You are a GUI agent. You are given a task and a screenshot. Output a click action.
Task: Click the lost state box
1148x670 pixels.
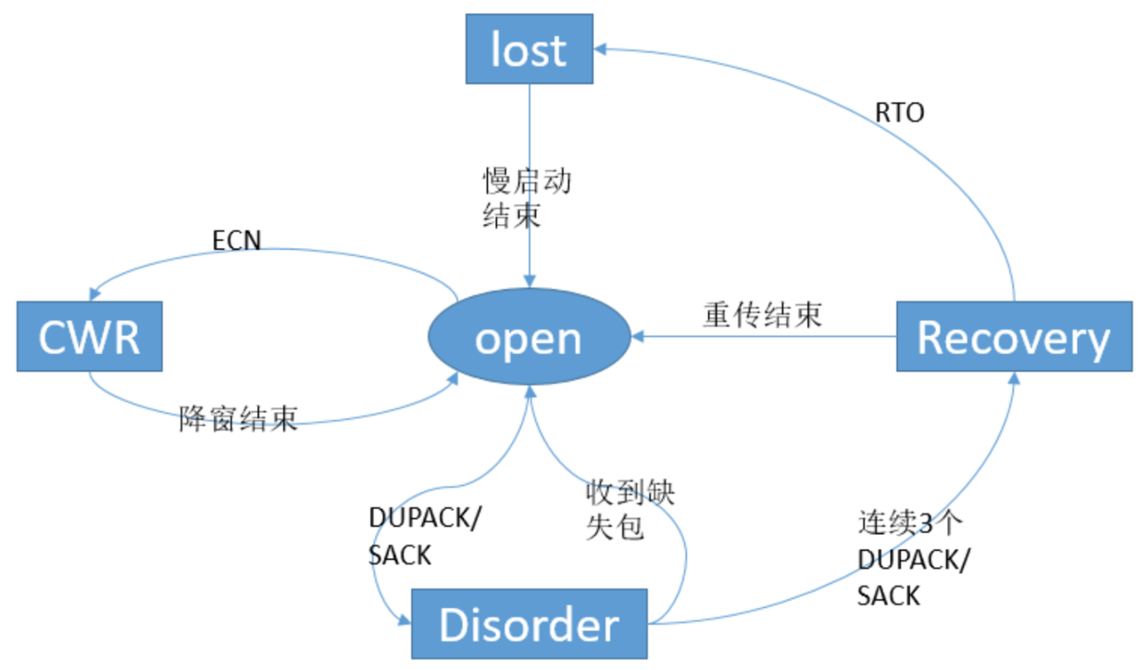click(528, 49)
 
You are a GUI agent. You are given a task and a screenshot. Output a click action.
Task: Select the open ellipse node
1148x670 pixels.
click(529, 338)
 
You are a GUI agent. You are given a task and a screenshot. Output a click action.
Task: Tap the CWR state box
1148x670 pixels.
click(89, 337)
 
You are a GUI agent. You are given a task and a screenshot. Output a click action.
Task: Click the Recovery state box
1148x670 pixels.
click(1013, 338)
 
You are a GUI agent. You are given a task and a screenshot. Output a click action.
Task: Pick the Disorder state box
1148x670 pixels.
click(529, 625)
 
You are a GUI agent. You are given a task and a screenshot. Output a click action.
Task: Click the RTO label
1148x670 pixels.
click(900, 114)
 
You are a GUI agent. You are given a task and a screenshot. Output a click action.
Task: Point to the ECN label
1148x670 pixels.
click(237, 241)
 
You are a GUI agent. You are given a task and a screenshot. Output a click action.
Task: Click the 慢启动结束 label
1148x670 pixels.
click(526, 198)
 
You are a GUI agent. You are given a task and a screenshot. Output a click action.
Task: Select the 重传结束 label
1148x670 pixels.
click(761, 315)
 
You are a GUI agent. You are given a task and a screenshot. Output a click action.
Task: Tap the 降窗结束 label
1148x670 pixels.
click(238, 419)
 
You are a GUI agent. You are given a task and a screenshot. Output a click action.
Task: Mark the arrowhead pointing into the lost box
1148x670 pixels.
click(601, 49)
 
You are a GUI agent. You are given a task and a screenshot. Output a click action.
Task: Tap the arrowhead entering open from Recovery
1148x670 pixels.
click(638, 338)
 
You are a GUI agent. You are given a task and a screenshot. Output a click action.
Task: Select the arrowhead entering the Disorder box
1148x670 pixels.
click(404, 621)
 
